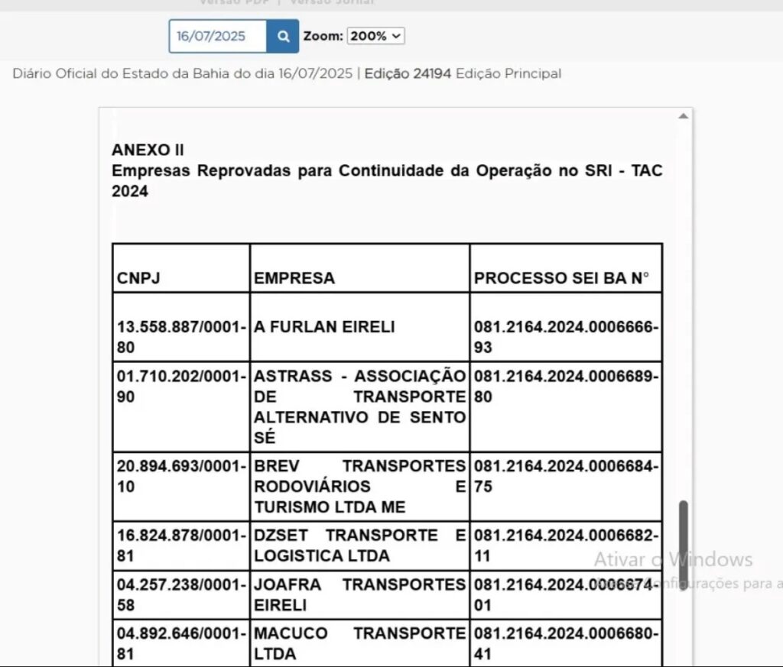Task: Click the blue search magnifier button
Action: pyautogui.click(x=283, y=36)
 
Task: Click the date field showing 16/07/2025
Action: pyautogui.click(x=217, y=36)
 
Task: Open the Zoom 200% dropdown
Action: pyautogui.click(x=375, y=36)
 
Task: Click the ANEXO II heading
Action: pyautogui.click(x=148, y=150)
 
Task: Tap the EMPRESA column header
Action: pyautogui.click(x=294, y=278)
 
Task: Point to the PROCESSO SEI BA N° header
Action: pyautogui.click(x=561, y=278)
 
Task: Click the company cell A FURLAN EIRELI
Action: pyautogui.click(x=325, y=327)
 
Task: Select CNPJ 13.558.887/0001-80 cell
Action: pyautogui.click(x=181, y=337)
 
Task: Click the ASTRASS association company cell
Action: pyautogui.click(x=359, y=406)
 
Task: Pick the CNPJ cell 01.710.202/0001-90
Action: pyautogui.click(x=181, y=387)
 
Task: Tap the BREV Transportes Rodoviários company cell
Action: pyautogui.click(x=359, y=486)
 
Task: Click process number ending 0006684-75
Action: pyautogui.click(x=565, y=476)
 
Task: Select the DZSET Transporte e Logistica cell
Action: pyautogui.click(x=359, y=546)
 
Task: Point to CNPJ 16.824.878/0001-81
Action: pyautogui.click(x=181, y=546)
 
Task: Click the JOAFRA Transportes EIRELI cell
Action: pyautogui.click(x=359, y=595)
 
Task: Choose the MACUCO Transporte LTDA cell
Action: pyautogui.click(x=359, y=643)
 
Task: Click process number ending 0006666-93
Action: pyautogui.click(x=565, y=337)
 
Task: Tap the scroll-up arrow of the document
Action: pyautogui.click(x=683, y=116)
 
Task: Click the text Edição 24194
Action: pyautogui.click(x=408, y=74)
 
